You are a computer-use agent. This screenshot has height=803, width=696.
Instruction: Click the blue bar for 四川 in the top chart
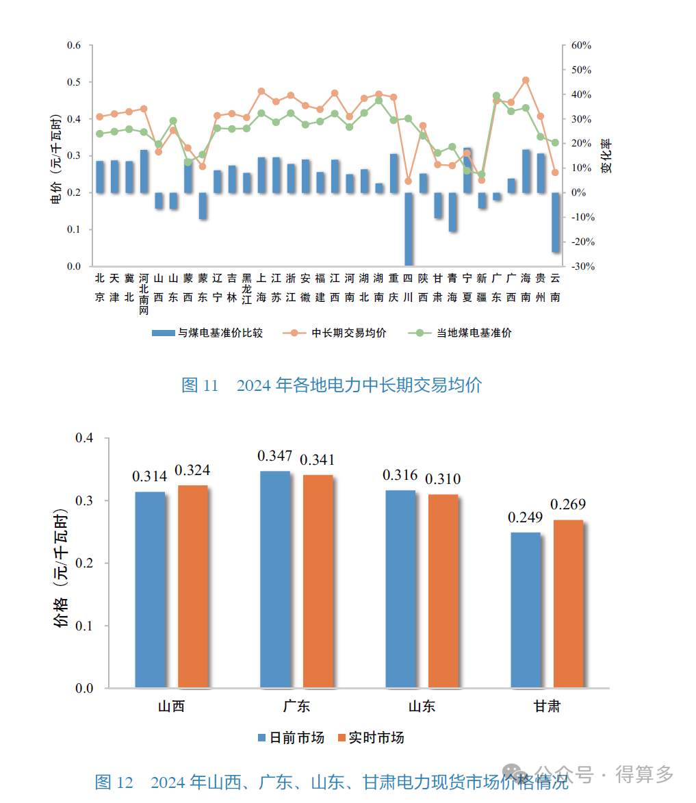408,229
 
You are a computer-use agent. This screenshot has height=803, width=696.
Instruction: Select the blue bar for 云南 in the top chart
555,222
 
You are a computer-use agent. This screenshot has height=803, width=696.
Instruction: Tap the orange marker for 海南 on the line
526,80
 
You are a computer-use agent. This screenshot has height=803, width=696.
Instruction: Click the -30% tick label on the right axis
581,266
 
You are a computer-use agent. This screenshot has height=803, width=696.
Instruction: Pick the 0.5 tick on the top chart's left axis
74,82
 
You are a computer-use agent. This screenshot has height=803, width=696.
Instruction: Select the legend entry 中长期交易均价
348,333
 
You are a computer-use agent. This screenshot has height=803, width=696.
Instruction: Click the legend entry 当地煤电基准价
474,333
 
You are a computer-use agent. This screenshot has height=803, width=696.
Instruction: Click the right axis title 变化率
607,156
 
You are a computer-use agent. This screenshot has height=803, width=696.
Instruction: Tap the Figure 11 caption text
331,385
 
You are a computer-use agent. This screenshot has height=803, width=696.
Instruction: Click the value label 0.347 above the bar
275,456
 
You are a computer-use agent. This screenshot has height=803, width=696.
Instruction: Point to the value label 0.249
526,518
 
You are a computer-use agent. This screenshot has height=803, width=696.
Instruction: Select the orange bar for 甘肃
568,603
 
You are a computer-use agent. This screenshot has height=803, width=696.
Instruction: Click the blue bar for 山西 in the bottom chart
150,589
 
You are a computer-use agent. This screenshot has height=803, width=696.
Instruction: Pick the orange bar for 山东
443,591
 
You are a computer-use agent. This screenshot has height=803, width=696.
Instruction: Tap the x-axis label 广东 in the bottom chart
296,706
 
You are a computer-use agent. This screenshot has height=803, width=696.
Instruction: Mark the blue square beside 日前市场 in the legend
261,738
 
